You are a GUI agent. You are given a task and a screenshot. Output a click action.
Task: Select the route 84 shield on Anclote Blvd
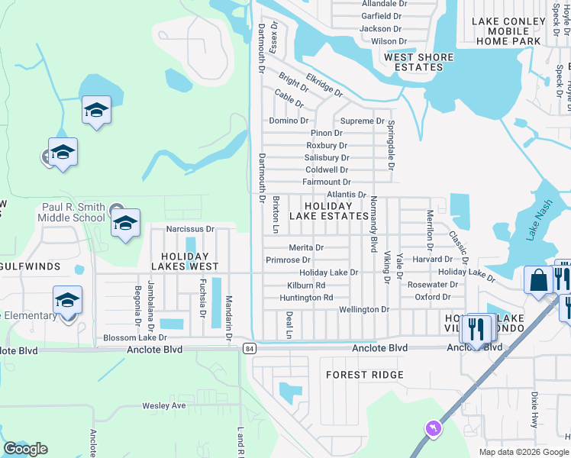coord(250,349)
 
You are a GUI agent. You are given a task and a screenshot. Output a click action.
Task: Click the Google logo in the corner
coord(25,449)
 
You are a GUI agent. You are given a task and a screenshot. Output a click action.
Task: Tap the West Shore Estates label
coord(418,62)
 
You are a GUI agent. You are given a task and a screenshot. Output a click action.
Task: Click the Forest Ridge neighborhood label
coord(363,375)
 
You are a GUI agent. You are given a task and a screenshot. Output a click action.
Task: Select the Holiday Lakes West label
coord(185,261)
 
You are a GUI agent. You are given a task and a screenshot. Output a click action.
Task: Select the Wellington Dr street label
coord(364,310)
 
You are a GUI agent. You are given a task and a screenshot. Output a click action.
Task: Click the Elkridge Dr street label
coord(324,85)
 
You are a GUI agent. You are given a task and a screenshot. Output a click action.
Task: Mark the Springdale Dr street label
coord(391,144)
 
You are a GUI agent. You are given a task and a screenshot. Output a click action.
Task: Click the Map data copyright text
coord(524,452)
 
